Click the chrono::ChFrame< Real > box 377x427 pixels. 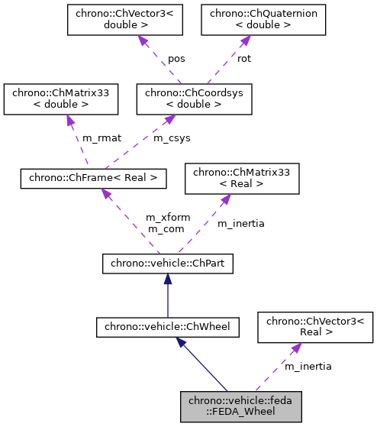[93, 178]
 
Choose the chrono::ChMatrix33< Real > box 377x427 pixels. [242, 178]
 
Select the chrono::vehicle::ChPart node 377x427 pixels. [167, 264]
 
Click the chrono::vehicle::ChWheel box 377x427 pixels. [167, 328]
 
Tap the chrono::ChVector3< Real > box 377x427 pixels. [314, 328]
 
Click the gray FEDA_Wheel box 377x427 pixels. [241, 406]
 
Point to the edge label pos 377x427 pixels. [176, 58]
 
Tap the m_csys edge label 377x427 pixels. [170, 137]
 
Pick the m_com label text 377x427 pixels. [166, 228]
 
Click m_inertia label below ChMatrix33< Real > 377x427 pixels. [241, 223]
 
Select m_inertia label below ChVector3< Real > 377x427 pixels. [308, 367]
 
